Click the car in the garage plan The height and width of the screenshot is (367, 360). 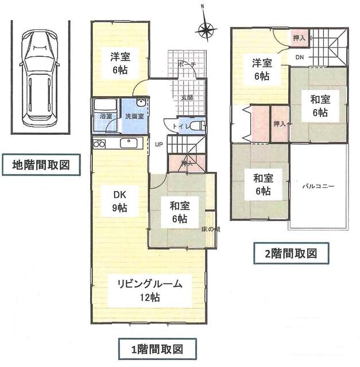(x=38, y=80)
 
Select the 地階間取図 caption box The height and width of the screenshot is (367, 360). (x=41, y=166)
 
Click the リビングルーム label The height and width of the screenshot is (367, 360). (x=150, y=284)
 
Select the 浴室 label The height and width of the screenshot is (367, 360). (x=106, y=116)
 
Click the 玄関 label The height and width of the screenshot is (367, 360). (x=187, y=98)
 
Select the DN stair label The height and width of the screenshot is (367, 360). (x=300, y=57)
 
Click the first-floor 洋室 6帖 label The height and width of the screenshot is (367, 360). (x=120, y=61)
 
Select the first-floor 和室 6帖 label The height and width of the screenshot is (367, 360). (x=179, y=211)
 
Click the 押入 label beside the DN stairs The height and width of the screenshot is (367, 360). (x=299, y=37)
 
